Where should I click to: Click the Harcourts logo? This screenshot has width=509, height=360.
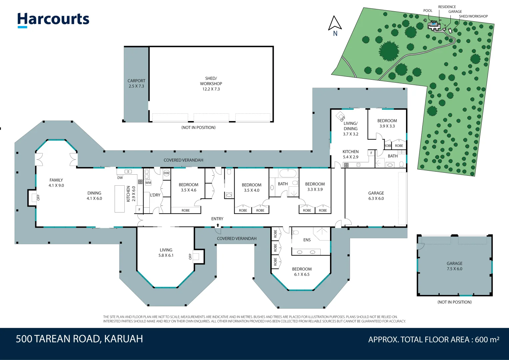click(53, 20)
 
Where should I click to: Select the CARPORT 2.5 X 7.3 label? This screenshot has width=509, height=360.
click(136, 83)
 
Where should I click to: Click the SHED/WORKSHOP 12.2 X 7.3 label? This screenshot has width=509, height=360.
click(211, 84)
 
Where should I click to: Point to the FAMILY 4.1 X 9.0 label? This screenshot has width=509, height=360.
click(56, 183)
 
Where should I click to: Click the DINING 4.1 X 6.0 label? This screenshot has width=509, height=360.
click(94, 196)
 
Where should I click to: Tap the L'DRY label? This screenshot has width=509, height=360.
click(155, 195)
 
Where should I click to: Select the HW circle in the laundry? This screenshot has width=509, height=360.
click(167, 173)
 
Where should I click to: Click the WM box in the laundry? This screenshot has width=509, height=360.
click(148, 183)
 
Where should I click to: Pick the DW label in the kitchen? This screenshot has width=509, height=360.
click(120, 178)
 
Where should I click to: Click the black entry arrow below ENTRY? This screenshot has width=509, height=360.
click(217, 225)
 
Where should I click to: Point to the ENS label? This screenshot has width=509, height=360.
click(307, 240)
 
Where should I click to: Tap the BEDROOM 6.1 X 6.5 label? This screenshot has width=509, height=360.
click(302, 272)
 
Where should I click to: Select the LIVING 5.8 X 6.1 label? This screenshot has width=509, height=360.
click(166, 253)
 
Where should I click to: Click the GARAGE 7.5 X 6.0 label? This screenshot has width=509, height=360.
click(454, 266)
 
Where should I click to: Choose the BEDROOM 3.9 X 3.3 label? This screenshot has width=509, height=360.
click(387, 123)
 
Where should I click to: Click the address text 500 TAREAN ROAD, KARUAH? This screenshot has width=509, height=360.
click(79, 339)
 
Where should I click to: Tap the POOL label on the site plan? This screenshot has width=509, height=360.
click(428, 11)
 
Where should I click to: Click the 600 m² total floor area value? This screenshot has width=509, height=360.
click(487, 340)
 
